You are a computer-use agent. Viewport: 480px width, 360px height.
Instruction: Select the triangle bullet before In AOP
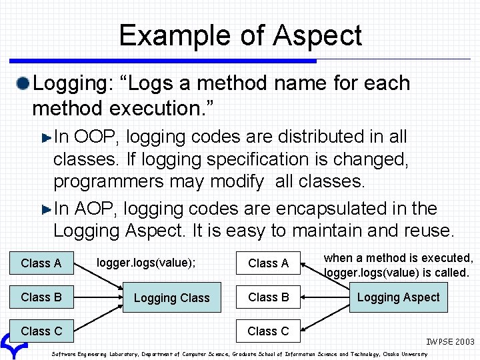click(46, 209)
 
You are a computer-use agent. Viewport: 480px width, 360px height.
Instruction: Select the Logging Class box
click(171, 298)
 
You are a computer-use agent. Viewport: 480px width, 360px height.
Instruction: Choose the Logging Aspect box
click(398, 297)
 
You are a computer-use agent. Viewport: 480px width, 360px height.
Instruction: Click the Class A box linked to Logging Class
click(41, 263)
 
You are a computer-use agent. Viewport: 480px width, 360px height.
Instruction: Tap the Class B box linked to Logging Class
click(41, 297)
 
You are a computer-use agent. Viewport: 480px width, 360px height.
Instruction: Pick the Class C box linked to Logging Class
click(41, 331)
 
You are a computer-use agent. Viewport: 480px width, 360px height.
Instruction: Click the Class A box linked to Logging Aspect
click(268, 263)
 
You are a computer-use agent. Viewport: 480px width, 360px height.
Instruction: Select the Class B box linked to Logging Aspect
click(268, 297)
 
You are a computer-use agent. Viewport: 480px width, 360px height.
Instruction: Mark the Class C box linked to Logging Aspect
click(268, 331)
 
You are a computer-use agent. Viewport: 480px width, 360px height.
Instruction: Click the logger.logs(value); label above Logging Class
click(146, 263)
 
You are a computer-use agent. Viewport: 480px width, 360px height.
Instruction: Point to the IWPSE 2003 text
click(451, 342)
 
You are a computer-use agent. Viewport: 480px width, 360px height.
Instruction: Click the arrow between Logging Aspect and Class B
click(325, 297)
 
